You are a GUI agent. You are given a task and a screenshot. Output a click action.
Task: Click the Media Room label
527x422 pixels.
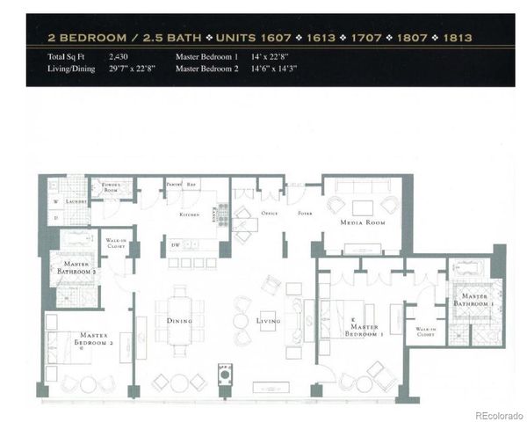362,223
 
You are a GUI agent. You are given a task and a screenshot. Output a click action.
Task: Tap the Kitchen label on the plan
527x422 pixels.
191,214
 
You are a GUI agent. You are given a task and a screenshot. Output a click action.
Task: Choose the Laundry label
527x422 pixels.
75,200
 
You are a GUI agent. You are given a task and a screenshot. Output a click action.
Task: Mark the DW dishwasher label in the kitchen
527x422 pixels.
177,245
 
